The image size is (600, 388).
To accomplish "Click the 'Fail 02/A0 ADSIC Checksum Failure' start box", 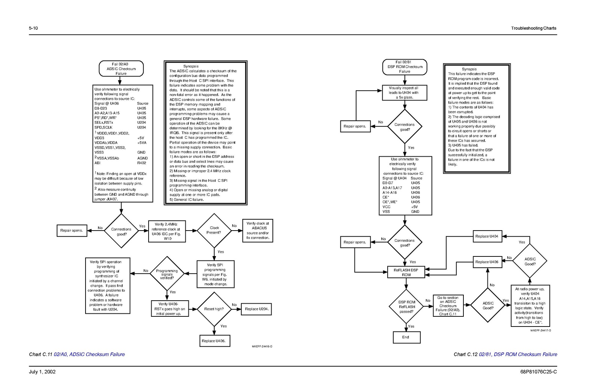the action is coord(121,69).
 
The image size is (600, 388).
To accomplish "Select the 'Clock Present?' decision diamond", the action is coord(214,231).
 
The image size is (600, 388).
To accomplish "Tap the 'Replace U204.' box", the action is coord(256,309).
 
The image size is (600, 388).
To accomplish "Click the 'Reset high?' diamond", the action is coord(214,309).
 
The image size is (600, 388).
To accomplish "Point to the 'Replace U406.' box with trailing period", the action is coord(215,341).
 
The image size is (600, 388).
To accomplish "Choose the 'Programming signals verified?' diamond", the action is coord(167,273).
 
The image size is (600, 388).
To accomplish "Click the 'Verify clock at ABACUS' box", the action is coord(258,231).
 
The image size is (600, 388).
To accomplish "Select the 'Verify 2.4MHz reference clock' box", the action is coord(167,231).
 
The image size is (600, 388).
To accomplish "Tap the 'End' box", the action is coord(407,337).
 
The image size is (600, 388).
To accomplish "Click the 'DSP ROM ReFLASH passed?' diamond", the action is coord(406,306).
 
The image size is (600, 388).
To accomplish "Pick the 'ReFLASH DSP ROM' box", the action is coord(406,272).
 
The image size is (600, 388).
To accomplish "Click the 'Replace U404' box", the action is coord(487,236).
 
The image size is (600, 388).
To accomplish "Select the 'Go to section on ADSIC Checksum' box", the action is coord(448,306).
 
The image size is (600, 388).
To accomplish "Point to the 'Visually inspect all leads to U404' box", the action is coord(405,93).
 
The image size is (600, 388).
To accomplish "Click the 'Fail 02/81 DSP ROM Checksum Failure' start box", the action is coord(405,67).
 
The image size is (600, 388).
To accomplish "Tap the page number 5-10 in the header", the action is coord(33,28).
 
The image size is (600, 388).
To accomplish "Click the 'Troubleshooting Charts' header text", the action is coord(534,28).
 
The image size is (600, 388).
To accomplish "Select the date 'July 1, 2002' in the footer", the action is coord(42,372).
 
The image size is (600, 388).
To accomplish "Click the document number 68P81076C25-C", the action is coord(538,372).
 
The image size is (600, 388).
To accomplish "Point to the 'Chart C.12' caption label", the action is coord(466,354).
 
